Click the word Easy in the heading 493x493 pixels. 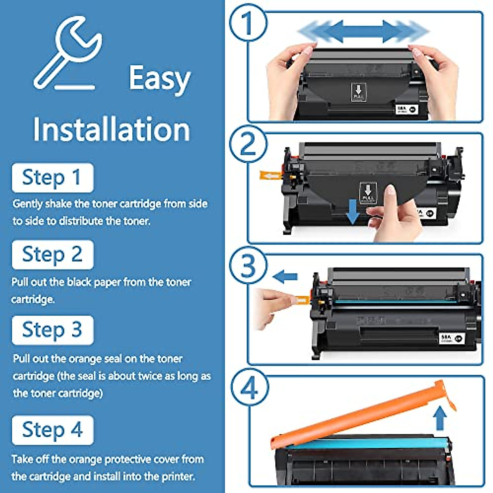159,78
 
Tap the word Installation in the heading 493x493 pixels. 111,129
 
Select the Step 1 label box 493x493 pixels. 53,178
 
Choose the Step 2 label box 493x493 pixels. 53,255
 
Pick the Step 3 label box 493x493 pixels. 53,330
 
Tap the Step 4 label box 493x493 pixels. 53,430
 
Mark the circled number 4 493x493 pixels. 249,388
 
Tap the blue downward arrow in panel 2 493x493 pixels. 352,212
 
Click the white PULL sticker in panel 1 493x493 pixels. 358,92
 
